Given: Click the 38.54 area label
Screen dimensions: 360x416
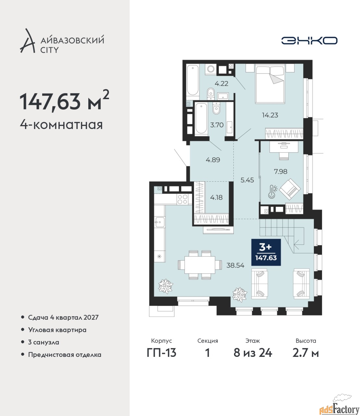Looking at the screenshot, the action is point(235,265).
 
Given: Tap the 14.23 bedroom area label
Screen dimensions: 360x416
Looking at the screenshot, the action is point(270,115).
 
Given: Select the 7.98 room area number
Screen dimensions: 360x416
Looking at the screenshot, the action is point(280,172).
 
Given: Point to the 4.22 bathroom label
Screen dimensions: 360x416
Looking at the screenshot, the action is point(221,84).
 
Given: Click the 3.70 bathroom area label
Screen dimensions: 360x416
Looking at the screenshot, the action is point(217,125).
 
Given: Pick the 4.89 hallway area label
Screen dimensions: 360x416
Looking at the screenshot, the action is point(213,160).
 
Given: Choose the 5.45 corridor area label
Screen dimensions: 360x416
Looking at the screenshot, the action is point(247,180).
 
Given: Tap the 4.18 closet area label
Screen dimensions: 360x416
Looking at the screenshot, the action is point(216,197).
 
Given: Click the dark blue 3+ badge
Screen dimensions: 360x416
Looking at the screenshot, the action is point(266,252).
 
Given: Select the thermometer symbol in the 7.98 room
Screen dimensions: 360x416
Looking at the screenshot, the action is point(272,192).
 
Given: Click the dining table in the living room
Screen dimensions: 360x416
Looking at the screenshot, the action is point(200,265).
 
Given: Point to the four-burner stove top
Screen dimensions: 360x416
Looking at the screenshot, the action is point(183,199).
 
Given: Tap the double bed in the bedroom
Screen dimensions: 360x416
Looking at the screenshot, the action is point(270,84).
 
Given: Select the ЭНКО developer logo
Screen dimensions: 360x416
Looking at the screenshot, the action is point(309,40).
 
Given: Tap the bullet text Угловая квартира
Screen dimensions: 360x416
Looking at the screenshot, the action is point(57,330).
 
